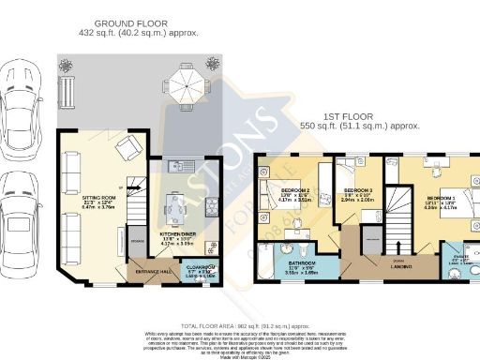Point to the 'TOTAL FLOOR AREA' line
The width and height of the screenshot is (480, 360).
pos(239,323)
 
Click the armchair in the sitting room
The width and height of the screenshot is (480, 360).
pos(128,148)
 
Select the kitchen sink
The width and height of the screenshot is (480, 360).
pos(178,167)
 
